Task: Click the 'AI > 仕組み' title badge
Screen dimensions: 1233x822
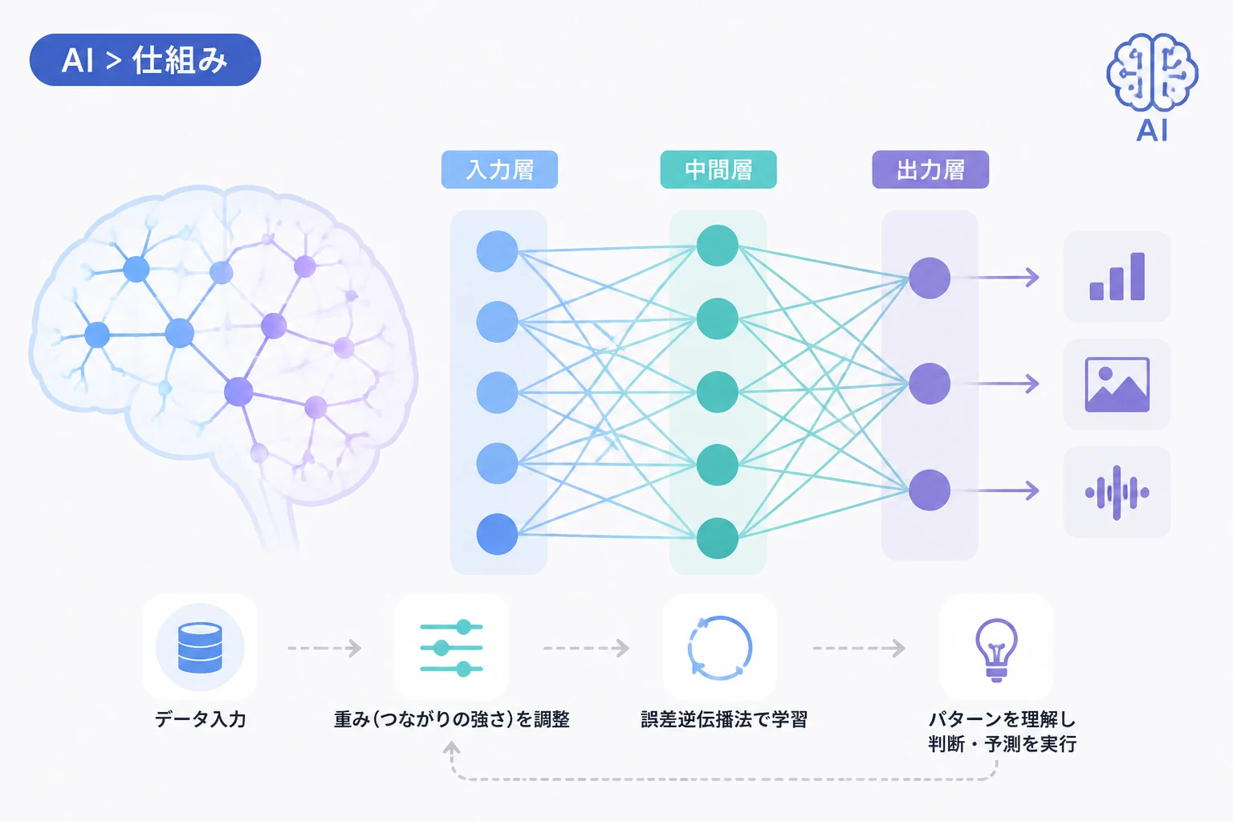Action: (x=144, y=59)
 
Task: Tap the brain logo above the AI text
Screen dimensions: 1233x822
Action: (x=1152, y=71)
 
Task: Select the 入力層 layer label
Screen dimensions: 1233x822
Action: (x=499, y=169)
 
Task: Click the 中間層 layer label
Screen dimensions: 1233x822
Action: (x=718, y=169)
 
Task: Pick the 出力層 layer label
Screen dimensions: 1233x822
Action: (x=930, y=169)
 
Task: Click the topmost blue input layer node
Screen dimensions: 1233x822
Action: (x=497, y=251)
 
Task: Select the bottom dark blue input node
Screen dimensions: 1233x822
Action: (x=497, y=534)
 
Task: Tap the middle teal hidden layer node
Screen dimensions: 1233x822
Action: (x=717, y=392)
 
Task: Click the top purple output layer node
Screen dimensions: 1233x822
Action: (x=930, y=278)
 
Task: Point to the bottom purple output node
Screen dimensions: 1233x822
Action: (x=930, y=490)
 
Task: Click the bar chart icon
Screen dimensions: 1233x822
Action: (x=1117, y=276)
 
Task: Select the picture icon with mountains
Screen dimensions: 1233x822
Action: (x=1117, y=385)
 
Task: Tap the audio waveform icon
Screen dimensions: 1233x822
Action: (x=1117, y=492)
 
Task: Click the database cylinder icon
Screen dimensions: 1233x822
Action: (x=200, y=648)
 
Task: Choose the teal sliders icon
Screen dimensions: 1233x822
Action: (x=451, y=648)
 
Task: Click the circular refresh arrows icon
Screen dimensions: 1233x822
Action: (x=720, y=648)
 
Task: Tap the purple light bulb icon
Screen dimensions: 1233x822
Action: (x=996, y=649)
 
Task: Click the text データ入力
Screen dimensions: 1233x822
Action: (x=201, y=719)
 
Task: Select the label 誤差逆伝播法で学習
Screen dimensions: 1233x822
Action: (x=724, y=719)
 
